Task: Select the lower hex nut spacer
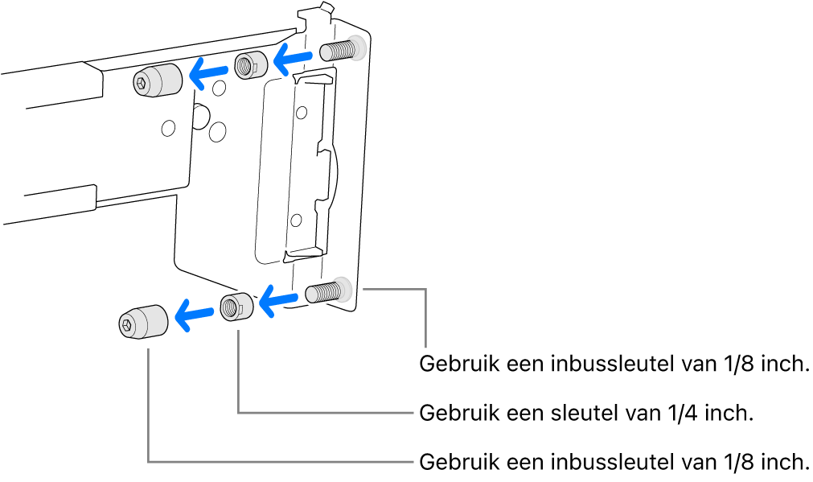236,306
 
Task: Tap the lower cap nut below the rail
142,323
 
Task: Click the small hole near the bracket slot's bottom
297,218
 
